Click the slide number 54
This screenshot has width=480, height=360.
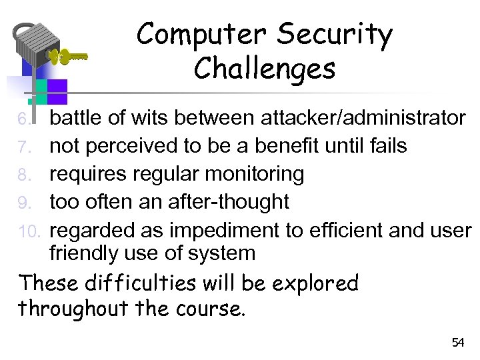[x=457, y=343]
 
